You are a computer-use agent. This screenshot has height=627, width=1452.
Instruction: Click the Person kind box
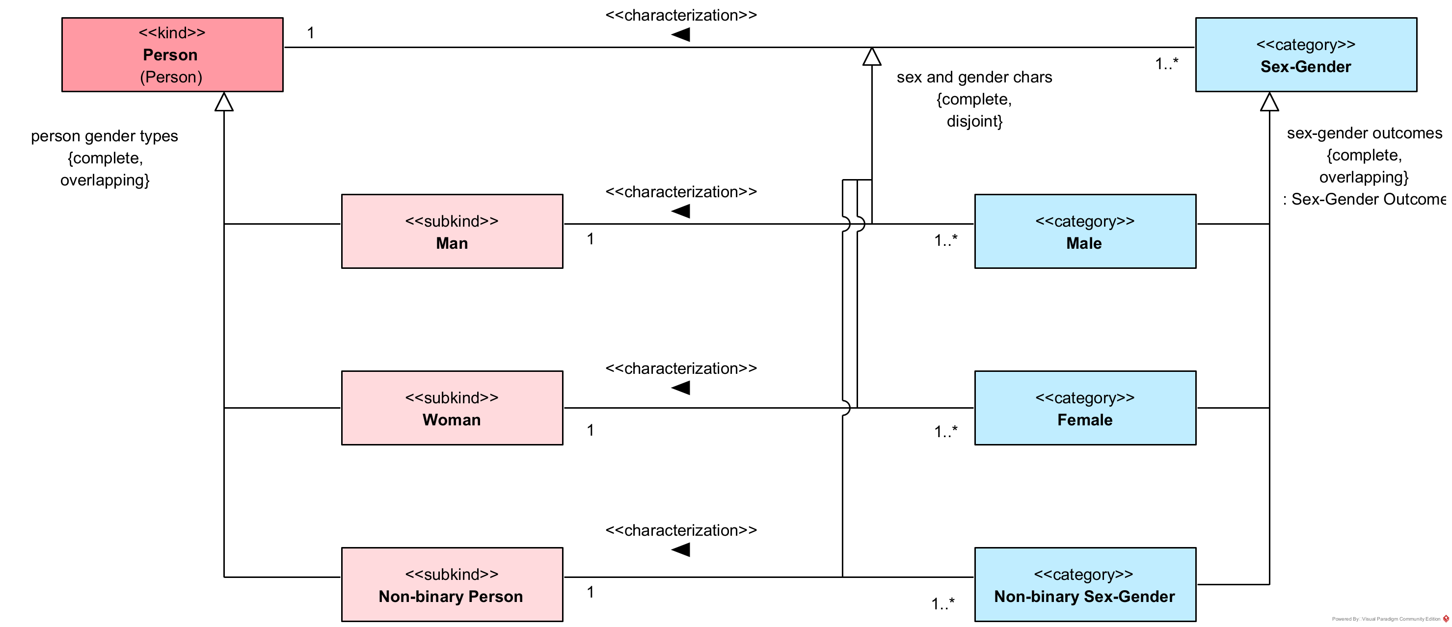tap(172, 54)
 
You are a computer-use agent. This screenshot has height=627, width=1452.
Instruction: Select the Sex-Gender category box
tap(1305, 54)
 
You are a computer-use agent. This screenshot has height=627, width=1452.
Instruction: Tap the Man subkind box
tap(452, 232)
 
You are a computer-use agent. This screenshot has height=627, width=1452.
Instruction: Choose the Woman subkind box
tap(452, 408)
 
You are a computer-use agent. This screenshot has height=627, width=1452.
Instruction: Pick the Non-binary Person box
tap(452, 584)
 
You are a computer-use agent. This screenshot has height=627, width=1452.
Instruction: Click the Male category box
tap(1084, 232)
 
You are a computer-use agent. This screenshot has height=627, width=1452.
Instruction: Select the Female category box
tap(1084, 408)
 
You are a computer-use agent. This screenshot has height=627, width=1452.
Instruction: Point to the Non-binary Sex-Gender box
tap(1084, 584)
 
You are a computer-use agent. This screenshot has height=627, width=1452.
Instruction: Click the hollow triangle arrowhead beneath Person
tap(224, 102)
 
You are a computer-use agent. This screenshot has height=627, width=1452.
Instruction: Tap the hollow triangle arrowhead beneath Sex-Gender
tap(1269, 102)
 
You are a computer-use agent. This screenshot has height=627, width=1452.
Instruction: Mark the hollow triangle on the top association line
tap(871, 56)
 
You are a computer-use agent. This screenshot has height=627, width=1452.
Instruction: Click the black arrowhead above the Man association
tap(681, 211)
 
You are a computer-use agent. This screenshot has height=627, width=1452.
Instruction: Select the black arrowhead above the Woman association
tap(681, 388)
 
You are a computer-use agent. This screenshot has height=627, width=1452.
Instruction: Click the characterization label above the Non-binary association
tap(681, 530)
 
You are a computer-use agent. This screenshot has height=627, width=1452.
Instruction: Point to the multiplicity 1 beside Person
tap(311, 33)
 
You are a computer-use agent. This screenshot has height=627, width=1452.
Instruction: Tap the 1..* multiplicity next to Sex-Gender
tap(1166, 64)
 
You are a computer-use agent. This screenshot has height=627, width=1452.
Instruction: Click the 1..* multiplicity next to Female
tap(945, 432)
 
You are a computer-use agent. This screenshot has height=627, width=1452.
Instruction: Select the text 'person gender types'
tap(104, 136)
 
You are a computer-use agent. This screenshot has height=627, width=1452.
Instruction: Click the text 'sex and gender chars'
tap(974, 77)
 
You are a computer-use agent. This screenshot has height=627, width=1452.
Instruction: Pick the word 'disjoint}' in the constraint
tap(974, 121)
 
